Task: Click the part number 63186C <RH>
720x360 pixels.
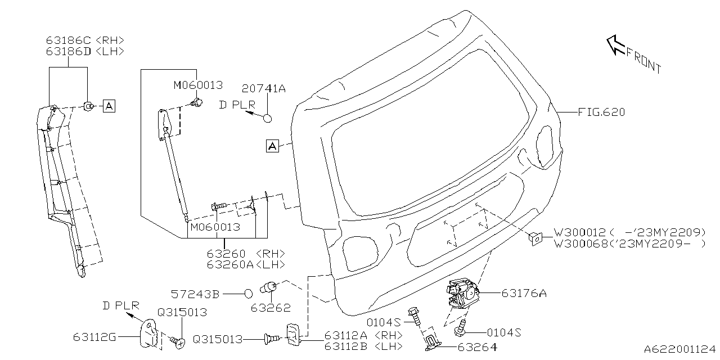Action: pyautogui.click(x=84, y=40)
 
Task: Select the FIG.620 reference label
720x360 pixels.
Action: pyautogui.click(x=601, y=112)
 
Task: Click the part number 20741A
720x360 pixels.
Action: pyautogui.click(x=264, y=88)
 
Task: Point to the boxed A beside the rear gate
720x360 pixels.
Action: pyautogui.click(x=272, y=146)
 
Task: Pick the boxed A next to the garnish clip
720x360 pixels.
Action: pyautogui.click(x=109, y=105)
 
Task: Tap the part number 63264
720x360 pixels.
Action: pyautogui.click(x=477, y=347)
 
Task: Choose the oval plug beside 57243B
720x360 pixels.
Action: pyautogui.click(x=249, y=293)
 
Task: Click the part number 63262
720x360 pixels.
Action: pyautogui.click(x=271, y=308)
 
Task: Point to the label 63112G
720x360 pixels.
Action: pyautogui.click(x=94, y=337)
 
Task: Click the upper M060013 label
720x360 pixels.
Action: pyautogui.click(x=197, y=85)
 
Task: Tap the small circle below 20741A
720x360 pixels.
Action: pyautogui.click(x=268, y=118)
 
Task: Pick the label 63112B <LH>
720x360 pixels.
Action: pyautogui.click(x=363, y=346)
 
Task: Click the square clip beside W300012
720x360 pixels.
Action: pyautogui.click(x=535, y=238)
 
